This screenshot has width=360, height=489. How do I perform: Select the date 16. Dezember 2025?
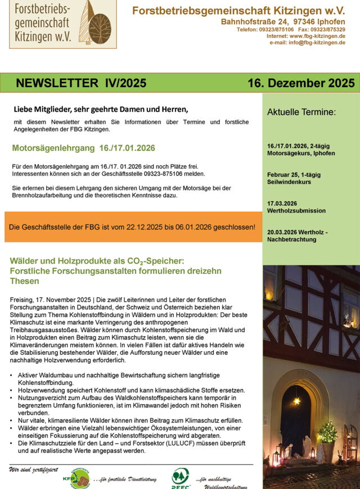click(x=301, y=83)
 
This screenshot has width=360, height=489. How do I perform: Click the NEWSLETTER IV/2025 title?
click(x=81, y=83)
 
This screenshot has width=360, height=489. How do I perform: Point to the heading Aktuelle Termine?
click(x=301, y=112)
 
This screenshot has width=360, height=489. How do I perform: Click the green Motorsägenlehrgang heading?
click(x=83, y=148)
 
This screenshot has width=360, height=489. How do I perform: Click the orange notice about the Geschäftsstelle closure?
click(x=132, y=227)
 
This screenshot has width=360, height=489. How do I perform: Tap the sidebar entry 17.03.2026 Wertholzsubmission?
click(x=296, y=207)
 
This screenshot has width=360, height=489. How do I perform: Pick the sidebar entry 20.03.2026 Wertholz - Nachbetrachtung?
click(x=298, y=236)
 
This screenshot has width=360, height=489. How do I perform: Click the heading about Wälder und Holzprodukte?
click(x=115, y=270)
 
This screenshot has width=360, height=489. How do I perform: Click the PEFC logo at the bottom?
click(x=181, y=477)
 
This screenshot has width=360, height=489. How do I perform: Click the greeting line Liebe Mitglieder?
click(x=101, y=109)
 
